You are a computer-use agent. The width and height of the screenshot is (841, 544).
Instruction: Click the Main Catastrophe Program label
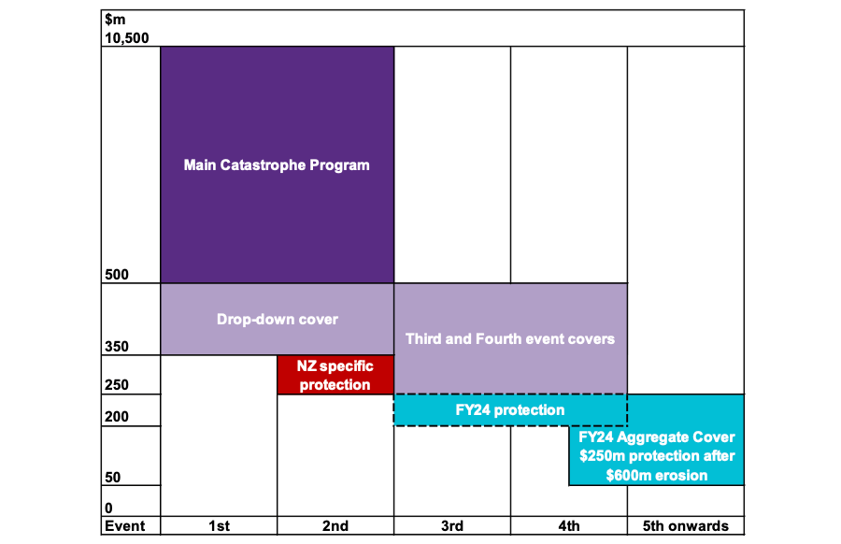[x=277, y=165]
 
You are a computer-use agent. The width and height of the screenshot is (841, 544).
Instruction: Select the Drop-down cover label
[x=277, y=319]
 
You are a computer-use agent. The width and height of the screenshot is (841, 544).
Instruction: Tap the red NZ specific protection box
[x=335, y=375]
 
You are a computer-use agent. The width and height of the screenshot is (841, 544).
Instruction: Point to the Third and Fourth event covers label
[x=510, y=338]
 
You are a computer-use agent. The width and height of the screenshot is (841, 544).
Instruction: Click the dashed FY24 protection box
[x=510, y=409]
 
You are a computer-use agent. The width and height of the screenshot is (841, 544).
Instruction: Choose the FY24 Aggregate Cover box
[x=657, y=456]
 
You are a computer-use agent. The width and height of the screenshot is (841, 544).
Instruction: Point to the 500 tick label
[x=115, y=276]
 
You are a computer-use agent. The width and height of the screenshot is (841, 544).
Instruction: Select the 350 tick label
[x=115, y=347]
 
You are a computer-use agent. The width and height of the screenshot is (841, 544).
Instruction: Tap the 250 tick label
[x=115, y=385]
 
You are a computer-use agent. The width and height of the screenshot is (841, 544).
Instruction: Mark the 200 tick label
[x=115, y=417]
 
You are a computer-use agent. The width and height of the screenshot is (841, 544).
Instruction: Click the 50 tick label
[x=111, y=478]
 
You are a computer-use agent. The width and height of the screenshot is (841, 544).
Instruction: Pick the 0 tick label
[x=107, y=508]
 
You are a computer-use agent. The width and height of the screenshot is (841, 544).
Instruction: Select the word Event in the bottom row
[x=124, y=525]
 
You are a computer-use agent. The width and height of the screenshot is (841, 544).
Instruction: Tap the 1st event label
[x=219, y=525]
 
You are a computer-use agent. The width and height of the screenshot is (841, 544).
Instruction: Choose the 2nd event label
[x=335, y=525]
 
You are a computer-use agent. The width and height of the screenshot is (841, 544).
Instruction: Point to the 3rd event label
[x=451, y=525]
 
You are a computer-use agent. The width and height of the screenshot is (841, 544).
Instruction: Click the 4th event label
[x=568, y=525]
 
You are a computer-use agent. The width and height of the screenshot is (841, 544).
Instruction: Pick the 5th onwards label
[x=685, y=525]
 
